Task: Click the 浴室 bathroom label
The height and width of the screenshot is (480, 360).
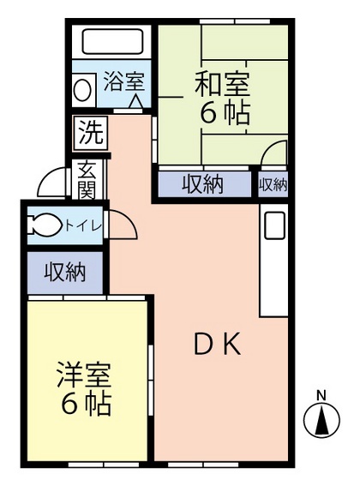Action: coord(124,83)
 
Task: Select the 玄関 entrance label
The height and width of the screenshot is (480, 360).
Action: coord(87,179)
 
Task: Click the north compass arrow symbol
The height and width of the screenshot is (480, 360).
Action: coord(322,420)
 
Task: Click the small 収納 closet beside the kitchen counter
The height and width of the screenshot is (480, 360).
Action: coord(273,184)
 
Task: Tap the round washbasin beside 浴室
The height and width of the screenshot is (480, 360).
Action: coord(83,88)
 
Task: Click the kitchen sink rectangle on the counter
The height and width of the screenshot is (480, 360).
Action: coord(273,226)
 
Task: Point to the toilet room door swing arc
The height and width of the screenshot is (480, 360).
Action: coord(123,225)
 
